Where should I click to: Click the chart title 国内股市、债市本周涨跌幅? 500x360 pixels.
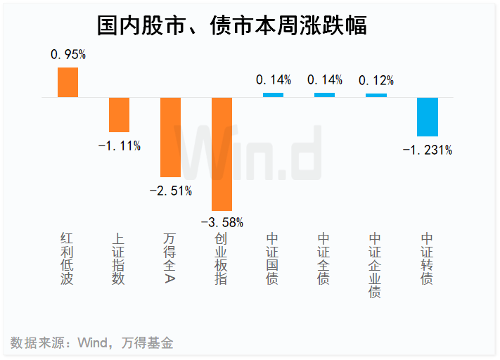click(x=232, y=26)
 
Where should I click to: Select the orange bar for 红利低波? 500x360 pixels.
click(x=68, y=82)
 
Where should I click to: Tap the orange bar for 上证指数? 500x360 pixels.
click(x=119, y=115)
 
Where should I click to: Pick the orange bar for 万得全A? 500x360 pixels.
click(x=170, y=137)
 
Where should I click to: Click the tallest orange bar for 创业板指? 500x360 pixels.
click(x=222, y=154)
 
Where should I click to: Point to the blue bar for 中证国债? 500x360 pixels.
click(x=273, y=95)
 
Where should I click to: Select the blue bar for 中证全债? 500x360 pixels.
click(x=324, y=95)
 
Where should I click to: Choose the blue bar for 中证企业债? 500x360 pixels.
click(x=376, y=95)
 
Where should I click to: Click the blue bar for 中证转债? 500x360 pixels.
click(x=427, y=117)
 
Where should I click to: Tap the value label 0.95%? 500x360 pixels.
click(x=68, y=54)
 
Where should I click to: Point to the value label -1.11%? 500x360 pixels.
click(x=119, y=146)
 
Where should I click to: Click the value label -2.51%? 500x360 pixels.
click(x=170, y=191)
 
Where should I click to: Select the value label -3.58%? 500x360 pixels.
click(x=222, y=223)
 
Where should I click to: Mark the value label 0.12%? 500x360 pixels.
click(x=376, y=80)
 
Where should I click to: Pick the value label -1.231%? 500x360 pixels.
click(x=427, y=149)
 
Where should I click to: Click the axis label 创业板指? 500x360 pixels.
click(x=222, y=259)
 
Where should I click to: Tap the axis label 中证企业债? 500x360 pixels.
click(x=376, y=265)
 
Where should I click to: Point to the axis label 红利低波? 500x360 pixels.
click(x=68, y=259)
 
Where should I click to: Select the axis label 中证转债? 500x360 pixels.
click(x=427, y=259)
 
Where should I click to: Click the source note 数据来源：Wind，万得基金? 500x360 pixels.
click(x=92, y=343)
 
